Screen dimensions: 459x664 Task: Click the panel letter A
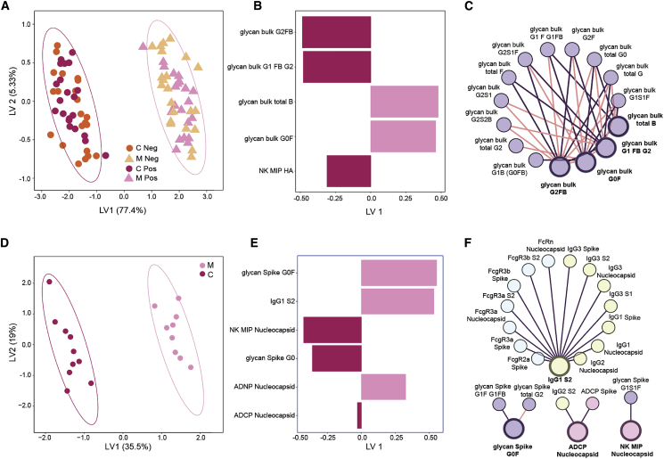point(6,7)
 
